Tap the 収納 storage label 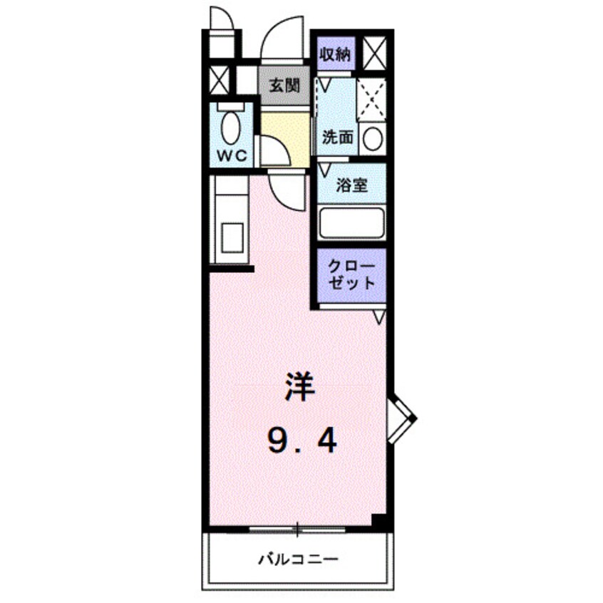pyautogui.click(x=334, y=55)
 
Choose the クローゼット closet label pyautogui.click(x=351, y=274)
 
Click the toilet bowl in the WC pyautogui.click(x=230, y=128)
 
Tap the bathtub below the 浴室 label pyautogui.click(x=352, y=224)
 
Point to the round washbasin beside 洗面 pyautogui.click(x=373, y=137)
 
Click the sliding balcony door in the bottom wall pyautogui.click(x=297, y=529)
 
